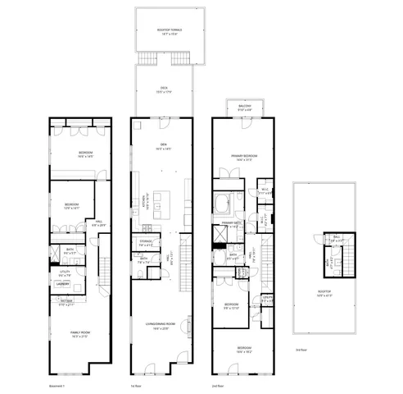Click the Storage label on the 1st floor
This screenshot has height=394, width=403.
click(x=145, y=243)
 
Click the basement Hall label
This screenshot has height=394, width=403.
click(x=99, y=222)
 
